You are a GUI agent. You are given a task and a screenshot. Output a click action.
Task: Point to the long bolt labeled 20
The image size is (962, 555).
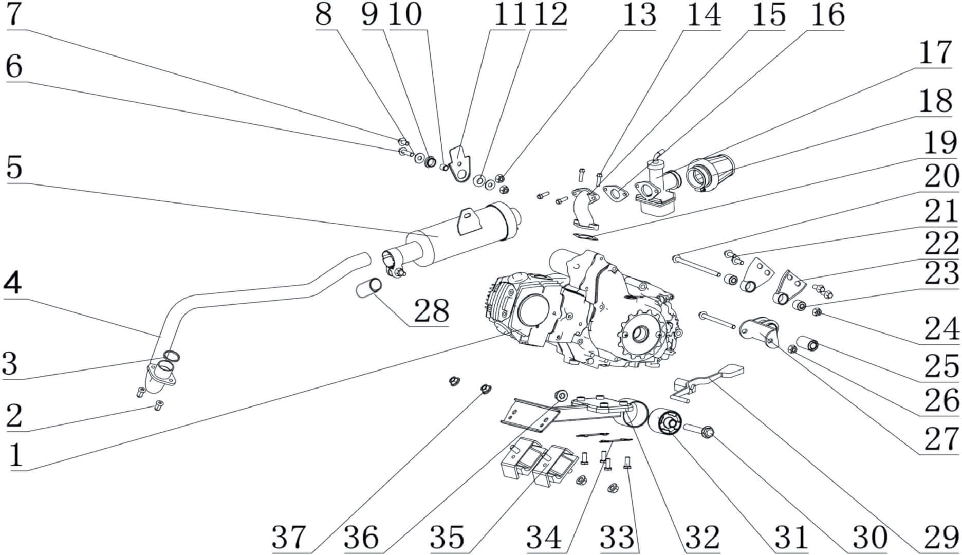tap(697, 267)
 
